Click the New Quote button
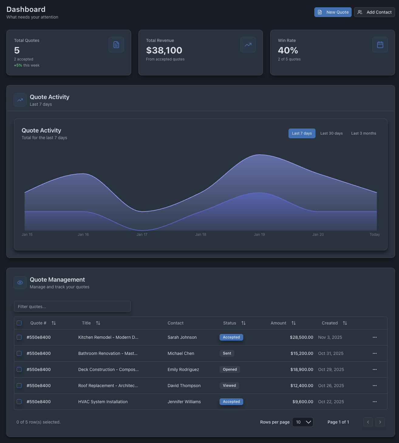[x=333, y=12]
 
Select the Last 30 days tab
[x=331, y=133]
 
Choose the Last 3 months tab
[x=363, y=133]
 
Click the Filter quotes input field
[x=72, y=306]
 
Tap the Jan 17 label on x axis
[x=142, y=235]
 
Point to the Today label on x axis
[x=374, y=235]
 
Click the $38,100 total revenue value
[x=164, y=50]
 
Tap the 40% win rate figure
[x=288, y=50]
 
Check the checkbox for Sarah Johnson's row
[x=19, y=337]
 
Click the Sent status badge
[x=227, y=353]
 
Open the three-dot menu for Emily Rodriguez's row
[x=374, y=369]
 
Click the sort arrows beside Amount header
[x=293, y=323]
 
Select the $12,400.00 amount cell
[x=302, y=386]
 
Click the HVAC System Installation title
[x=103, y=402]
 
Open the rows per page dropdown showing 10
[x=302, y=422]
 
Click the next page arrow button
[x=380, y=422]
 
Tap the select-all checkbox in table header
[x=19, y=323]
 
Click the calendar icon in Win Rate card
[x=380, y=45]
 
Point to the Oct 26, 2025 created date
[x=331, y=386]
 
